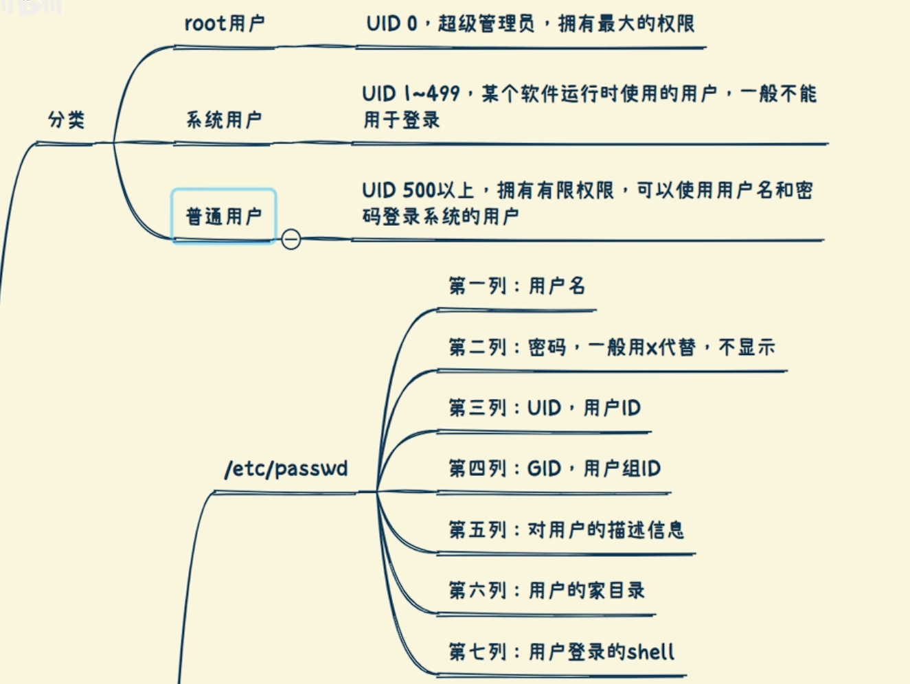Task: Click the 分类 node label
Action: tap(67, 120)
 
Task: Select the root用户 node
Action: tap(224, 24)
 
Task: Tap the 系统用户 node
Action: tap(224, 120)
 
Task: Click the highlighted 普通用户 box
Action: tap(224, 216)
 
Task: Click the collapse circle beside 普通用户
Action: tap(291, 239)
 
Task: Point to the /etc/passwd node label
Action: tap(286, 469)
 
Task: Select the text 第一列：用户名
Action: tap(516, 286)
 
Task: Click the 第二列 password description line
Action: tap(611, 347)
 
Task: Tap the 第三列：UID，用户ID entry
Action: tap(544, 408)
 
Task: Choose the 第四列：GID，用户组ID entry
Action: tap(554, 469)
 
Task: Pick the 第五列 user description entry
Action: tap(566, 529)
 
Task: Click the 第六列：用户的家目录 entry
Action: tap(547, 591)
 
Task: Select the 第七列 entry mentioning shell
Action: tap(561, 652)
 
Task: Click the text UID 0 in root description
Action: tap(391, 24)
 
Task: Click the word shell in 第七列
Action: tap(650, 652)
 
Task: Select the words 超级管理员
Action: tap(486, 24)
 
